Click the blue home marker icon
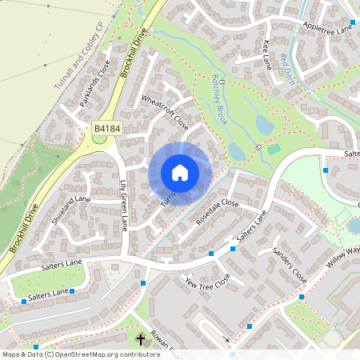tap(180, 172)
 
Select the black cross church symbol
tap(141, 339)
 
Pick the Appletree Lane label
tap(328, 26)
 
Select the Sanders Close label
tap(289, 265)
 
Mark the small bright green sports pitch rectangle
tap(274, 150)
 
